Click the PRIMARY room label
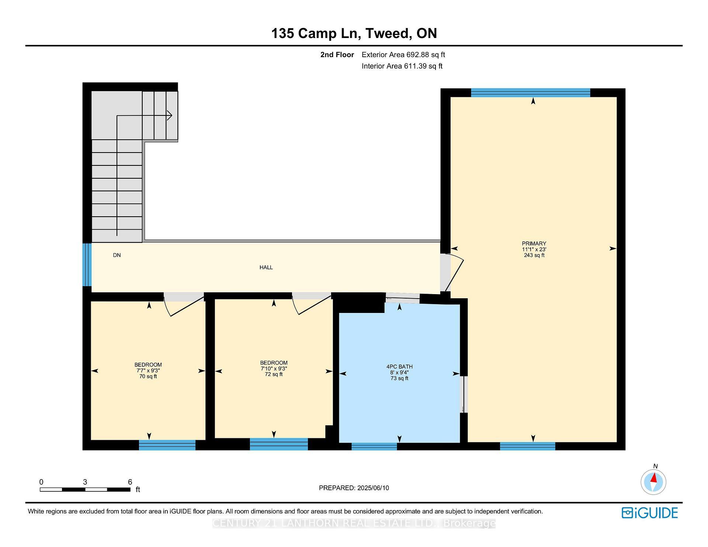534,244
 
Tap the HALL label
266,268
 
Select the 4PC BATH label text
399,367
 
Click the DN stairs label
117,255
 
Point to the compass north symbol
653,481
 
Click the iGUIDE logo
650,513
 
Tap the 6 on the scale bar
130,482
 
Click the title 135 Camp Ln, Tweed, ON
354,34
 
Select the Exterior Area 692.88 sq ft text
403,55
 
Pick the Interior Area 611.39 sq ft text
402,66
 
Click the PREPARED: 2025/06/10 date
354,488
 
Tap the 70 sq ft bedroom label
148,377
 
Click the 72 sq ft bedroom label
274,374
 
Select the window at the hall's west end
87,265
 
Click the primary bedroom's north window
530,93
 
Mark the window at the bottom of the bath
374,446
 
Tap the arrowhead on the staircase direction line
170,116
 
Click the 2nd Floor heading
337,55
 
